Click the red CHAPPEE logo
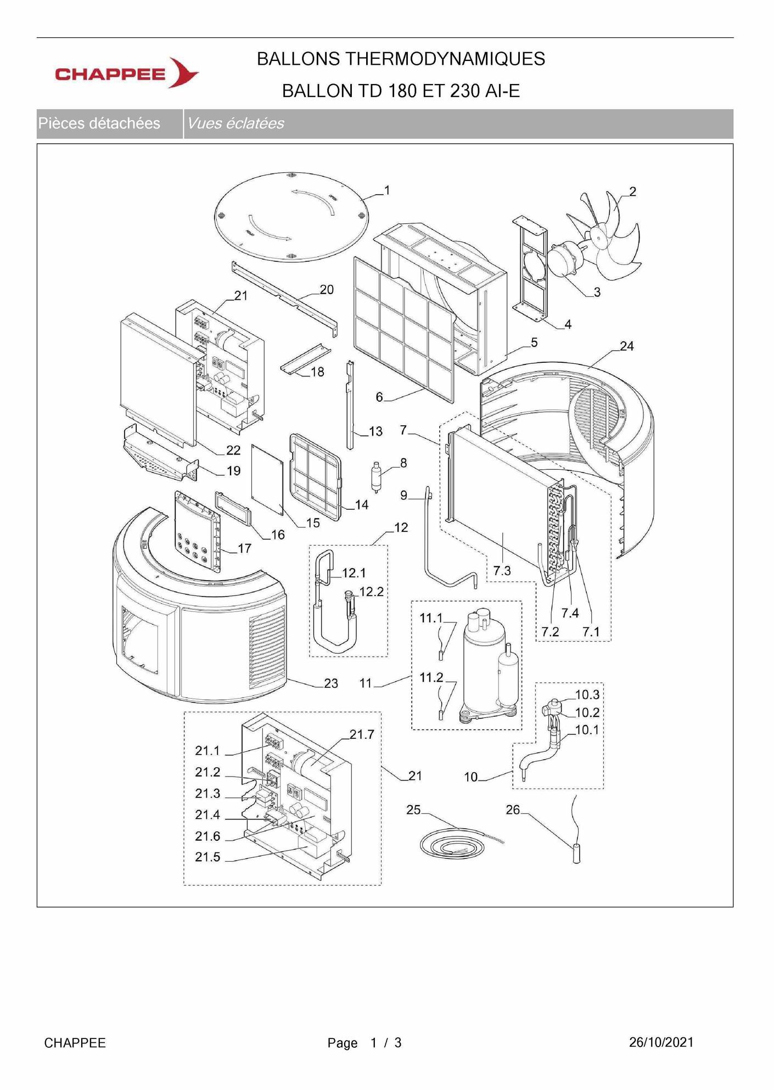(x=126, y=74)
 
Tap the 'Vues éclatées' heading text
(x=235, y=123)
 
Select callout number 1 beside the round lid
(x=387, y=190)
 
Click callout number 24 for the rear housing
(x=626, y=346)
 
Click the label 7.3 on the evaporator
(x=502, y=571)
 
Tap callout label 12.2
(x=371, y=592)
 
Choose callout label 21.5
(x=207, y=857)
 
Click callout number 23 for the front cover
(x=330, y=683)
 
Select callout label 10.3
(x=587, y=694)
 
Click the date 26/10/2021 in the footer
(x=661, y=1042)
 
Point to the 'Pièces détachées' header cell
(x=99, y=123)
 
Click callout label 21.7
(x=362, y=734)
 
